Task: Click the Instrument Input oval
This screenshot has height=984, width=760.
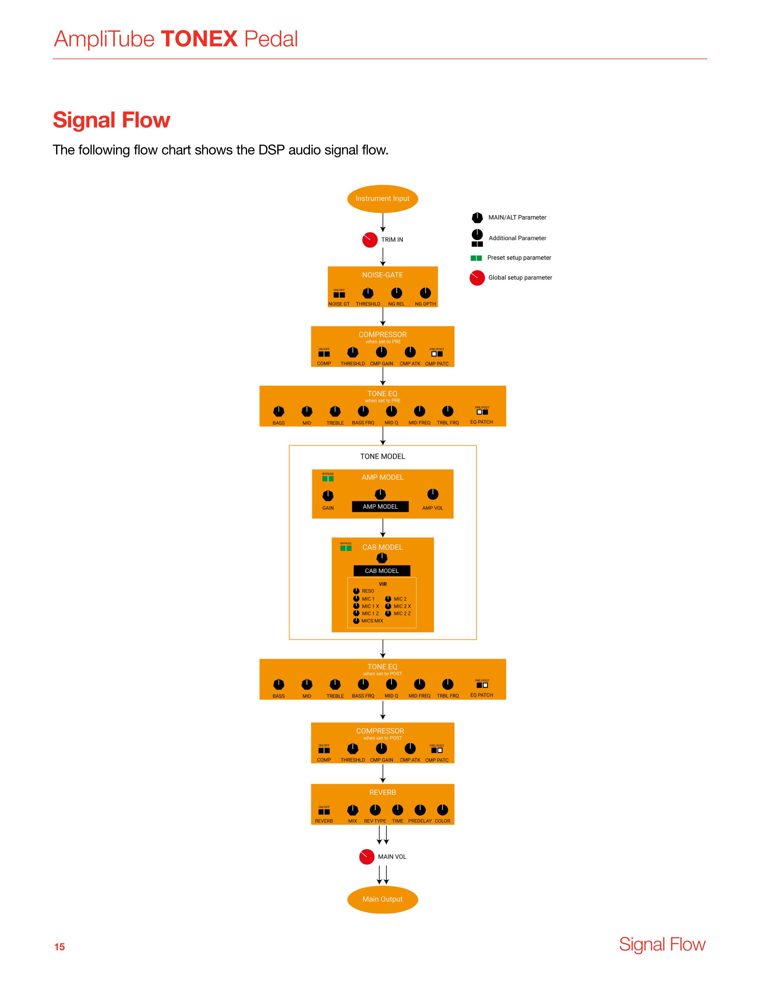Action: coord(382,199)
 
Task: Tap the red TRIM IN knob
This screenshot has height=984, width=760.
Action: coord(370,240)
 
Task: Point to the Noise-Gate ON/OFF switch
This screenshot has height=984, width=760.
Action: coord(339,295)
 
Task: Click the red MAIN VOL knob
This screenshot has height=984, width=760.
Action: coord(367,856)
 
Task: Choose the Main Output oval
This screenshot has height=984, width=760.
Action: coord(382,899)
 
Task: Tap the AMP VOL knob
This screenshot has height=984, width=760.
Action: coord(432,494)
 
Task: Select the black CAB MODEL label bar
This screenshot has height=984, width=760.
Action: coord(381,571)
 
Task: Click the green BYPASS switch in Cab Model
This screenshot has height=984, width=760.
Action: coord(346,548)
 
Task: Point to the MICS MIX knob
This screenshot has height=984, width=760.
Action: coord(356,621)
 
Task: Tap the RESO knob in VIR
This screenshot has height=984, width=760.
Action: coord(356,591)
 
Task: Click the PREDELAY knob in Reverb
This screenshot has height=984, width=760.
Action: coord(420,810)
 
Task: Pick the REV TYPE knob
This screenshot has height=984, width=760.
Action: coord(375,810)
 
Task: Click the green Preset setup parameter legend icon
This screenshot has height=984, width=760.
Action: coord(476,258)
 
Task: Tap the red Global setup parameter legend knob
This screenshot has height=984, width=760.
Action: coord(477,278)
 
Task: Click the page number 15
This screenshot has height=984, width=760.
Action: coord(59,947)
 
